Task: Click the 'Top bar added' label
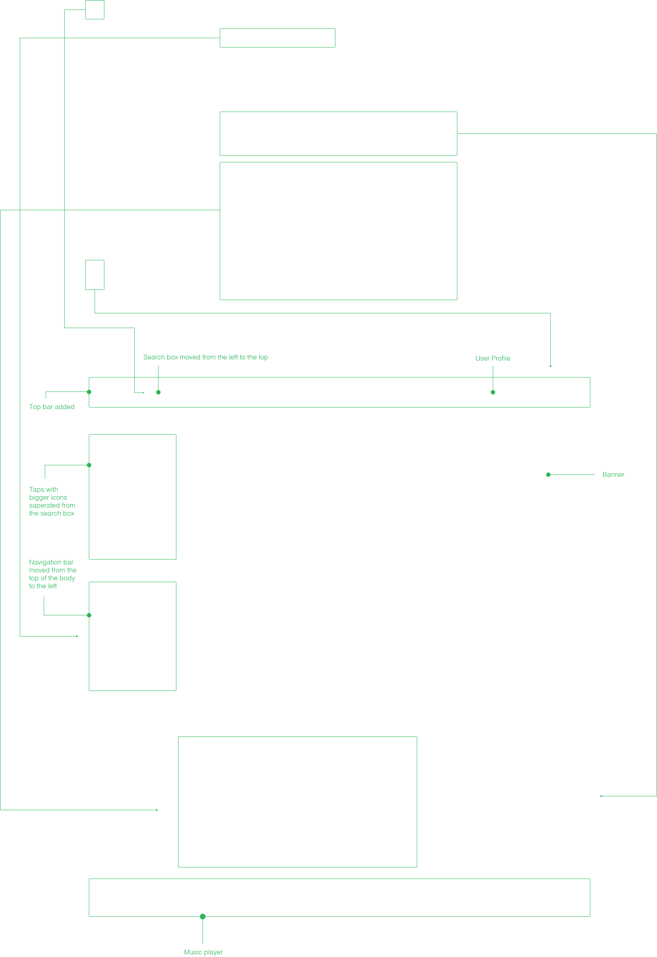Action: (x=51, y=407)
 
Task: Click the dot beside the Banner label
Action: (x=548, y=475)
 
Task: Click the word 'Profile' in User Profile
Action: (x=500, y=358)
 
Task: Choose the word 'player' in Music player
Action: (x=213, y=952)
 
